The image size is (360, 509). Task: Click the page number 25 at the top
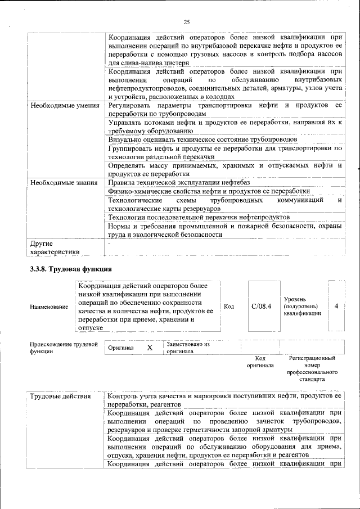point(187,22)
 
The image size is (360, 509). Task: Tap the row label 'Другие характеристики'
point(55,248)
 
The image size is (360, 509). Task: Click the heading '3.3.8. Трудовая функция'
point(71,269)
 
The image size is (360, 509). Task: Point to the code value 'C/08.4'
point(262,307)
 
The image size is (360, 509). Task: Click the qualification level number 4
point(336,307)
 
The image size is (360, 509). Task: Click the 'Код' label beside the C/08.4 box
point(229,307)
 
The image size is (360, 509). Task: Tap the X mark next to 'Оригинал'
point(150,348)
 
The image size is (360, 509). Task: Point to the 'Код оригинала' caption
point(260,362)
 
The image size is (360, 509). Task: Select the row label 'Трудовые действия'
point(60,397)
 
